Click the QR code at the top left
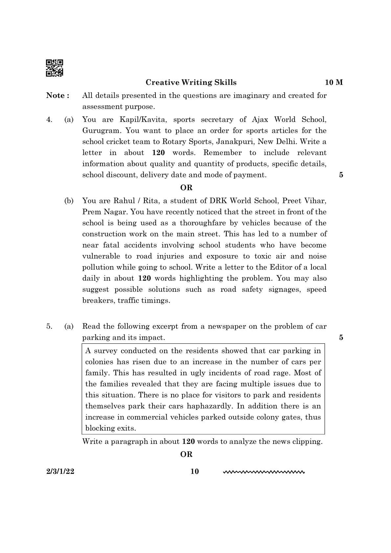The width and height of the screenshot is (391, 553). [x=54, y=68]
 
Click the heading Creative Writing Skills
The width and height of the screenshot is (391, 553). [x=191, y=82]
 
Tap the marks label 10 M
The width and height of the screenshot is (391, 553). [x=333, y=82]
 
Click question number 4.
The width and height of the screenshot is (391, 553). [x=49, y=120]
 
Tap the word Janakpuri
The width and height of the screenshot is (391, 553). [x=234, y=142]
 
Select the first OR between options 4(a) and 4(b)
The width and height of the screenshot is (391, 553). [x=186, y=188]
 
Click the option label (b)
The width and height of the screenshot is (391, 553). [x=69, y=201]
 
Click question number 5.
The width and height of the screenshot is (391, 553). [x=49, y=326]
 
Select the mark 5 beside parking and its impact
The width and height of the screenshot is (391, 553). [x=341, y=337]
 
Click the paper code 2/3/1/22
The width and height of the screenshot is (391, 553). [x=60, y=472]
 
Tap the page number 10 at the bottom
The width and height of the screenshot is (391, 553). [x=195, y=472]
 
